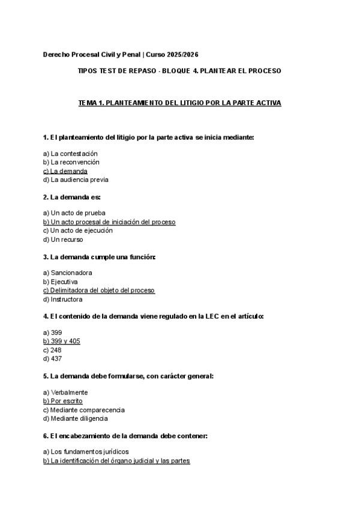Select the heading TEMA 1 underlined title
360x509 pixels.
(x=180, y=103)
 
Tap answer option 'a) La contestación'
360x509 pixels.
(x=70, y=153)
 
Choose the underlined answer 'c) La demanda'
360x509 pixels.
(x=65, y=170)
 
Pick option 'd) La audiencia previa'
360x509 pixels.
(x=76, y=179)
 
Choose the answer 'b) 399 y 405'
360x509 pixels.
(x=62, y=341)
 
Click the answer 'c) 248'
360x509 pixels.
(x=53, y=349)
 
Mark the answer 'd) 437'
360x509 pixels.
(x=53, y=358)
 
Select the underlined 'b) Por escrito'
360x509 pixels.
(x=63, y=400)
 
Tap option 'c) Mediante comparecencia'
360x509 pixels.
(x=84, y=409)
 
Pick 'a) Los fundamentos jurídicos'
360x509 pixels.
(x=86, y=451)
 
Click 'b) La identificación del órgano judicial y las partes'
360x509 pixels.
(x=116, y=460)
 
